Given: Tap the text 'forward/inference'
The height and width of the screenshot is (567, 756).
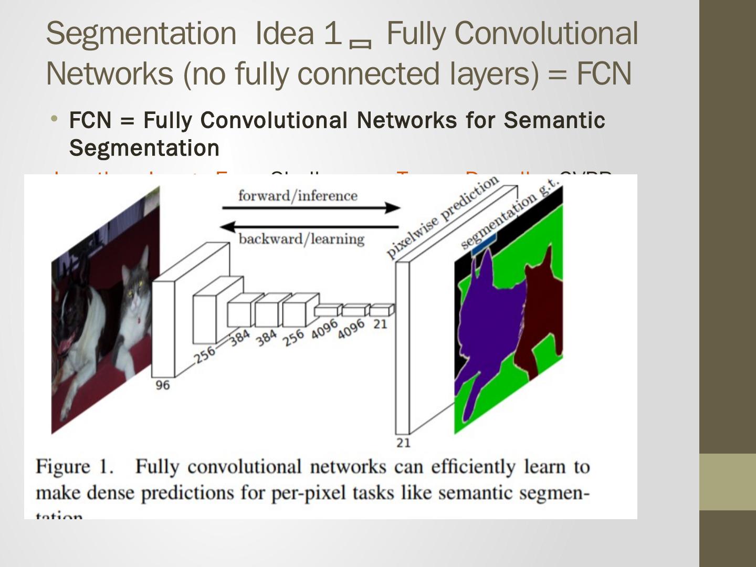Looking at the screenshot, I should (x=298, y=196).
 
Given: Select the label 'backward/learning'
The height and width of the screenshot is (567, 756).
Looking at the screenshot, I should (x=301, y=239).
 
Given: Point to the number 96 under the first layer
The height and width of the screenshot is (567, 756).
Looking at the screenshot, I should (x=163, y=385).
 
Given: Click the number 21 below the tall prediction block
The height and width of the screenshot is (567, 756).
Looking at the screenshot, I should (x=403, y=443).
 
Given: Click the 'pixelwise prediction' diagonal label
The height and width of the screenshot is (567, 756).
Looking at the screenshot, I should (x=442, y=216).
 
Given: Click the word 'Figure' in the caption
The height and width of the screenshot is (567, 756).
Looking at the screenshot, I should (x=62, y=467).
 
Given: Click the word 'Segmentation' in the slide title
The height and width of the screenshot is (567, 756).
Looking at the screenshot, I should (x=141, y=34).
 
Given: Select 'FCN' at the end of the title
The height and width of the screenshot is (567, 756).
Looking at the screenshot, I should (x=604, y=74).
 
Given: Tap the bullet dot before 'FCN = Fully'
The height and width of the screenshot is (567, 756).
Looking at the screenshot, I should (x=54, y=119).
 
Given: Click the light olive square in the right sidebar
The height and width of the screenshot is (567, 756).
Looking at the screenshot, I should (x=728, y=482).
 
